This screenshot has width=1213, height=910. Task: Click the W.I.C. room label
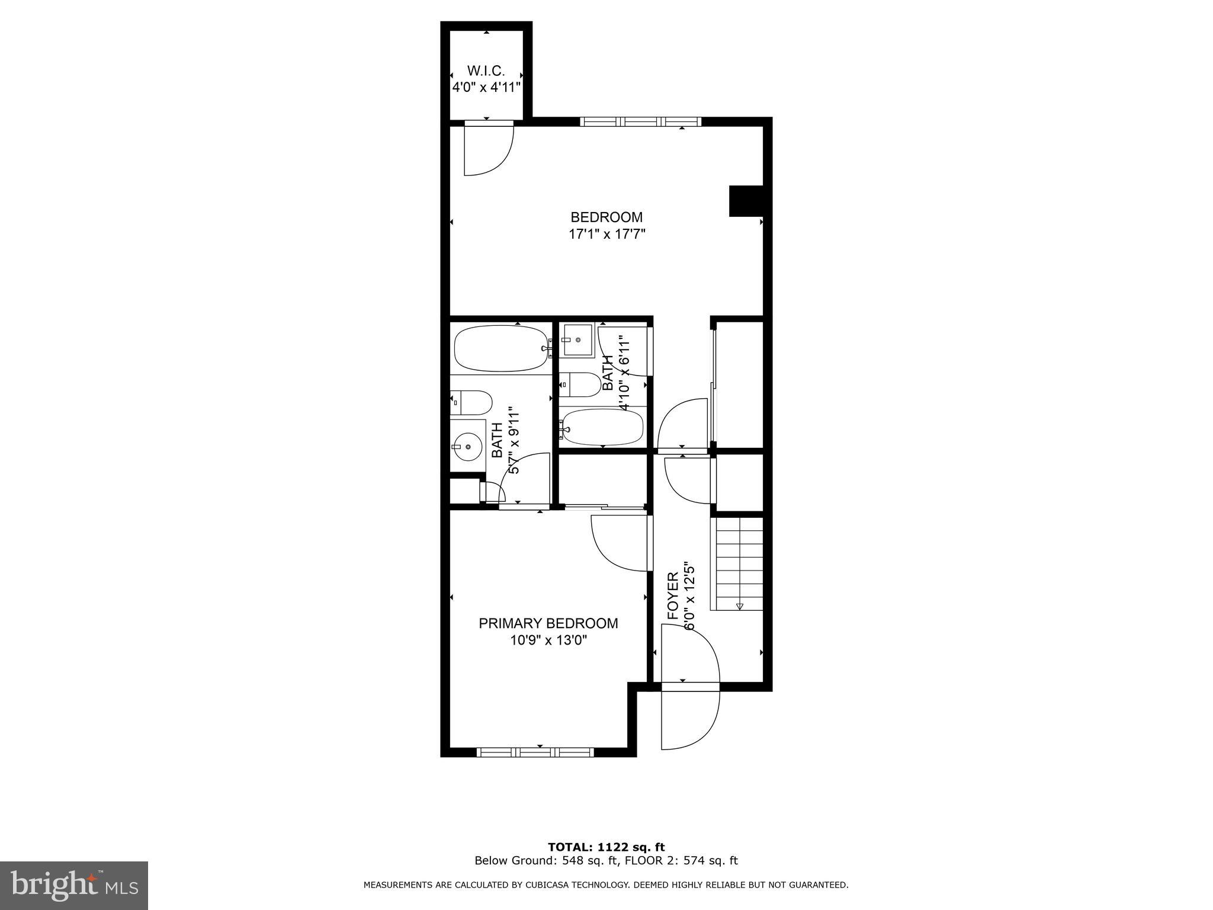[x=486, y=71]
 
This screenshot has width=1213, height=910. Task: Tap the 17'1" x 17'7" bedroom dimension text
[x=606, y=234]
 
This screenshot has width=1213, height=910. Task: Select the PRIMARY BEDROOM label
[x=548, y=623]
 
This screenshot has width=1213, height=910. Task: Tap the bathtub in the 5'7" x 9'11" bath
[x=501, y=349]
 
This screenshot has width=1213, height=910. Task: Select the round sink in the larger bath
[x=467, y=446]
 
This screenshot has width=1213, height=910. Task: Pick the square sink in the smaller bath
[x=577, y=339]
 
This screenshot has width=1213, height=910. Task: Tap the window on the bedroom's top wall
[x=640, y=121]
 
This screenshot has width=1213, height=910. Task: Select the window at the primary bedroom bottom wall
[x=535, y=752]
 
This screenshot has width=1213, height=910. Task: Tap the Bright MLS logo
[x=73, y=885]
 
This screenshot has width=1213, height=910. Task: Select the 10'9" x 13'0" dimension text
[x=548, y=640]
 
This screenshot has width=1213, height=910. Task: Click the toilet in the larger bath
[x=471, y=403]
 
